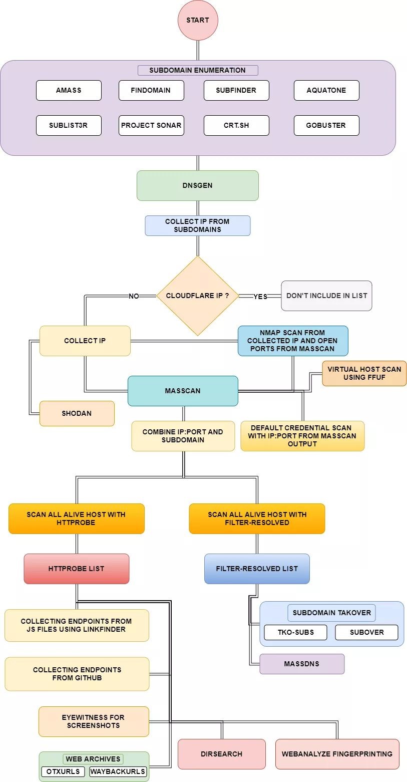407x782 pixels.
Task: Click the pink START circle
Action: (198, 21)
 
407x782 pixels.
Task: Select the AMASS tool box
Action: (69, 91)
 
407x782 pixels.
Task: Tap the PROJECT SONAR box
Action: (151, 125)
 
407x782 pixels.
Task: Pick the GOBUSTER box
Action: (326, 125)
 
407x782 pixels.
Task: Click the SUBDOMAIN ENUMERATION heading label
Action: (198, 70)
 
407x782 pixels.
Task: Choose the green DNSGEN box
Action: (198, 185)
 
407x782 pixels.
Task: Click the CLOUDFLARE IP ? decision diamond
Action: (198, 296)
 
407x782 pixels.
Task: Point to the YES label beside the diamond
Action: (260, 296)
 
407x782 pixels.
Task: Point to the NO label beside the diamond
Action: (134, 296)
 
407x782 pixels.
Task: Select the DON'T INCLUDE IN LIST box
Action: (326, 296)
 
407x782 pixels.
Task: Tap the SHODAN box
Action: (77, 413)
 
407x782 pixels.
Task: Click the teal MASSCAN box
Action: (183, 391)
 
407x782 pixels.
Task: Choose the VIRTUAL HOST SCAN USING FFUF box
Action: (364, 373)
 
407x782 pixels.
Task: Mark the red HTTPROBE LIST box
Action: (77, 569)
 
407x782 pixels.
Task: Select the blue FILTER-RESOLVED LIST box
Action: (257, 569)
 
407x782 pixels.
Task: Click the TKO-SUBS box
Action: (295, 632)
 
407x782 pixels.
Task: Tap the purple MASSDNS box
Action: (302, 664)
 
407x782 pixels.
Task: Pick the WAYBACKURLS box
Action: (118, 771)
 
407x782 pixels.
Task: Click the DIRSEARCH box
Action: (221, 754)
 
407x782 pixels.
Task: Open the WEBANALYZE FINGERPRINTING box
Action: (337, 754)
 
